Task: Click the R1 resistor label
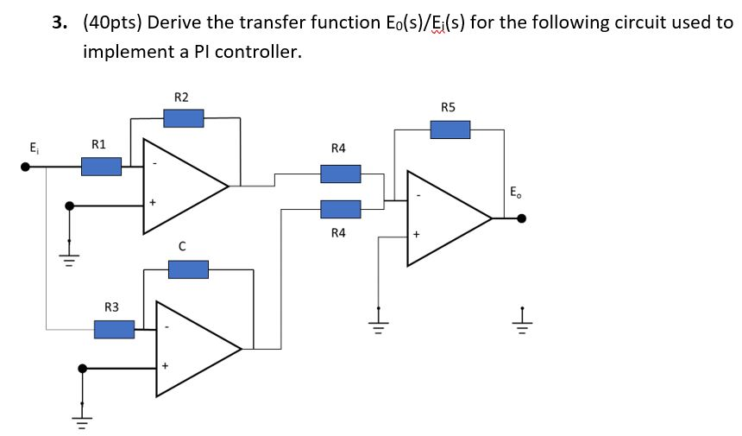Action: (x=98, y=144)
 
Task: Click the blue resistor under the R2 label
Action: (x=183, y=117)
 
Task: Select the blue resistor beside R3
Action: (x=114, y=329)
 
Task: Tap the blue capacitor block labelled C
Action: (x=188, y=270)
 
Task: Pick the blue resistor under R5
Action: (x=450, y=130)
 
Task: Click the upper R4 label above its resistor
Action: (x=338, y=148)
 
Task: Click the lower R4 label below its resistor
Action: (x=338, y=232)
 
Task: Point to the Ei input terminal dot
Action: (x=27, y=167)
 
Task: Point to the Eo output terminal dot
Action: (x=521, y=219)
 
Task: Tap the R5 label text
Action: (x=448, y=108)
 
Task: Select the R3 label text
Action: (x=111, y=306)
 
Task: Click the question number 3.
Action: (x=58, y=23)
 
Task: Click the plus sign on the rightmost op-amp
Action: (x=415, y=234)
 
